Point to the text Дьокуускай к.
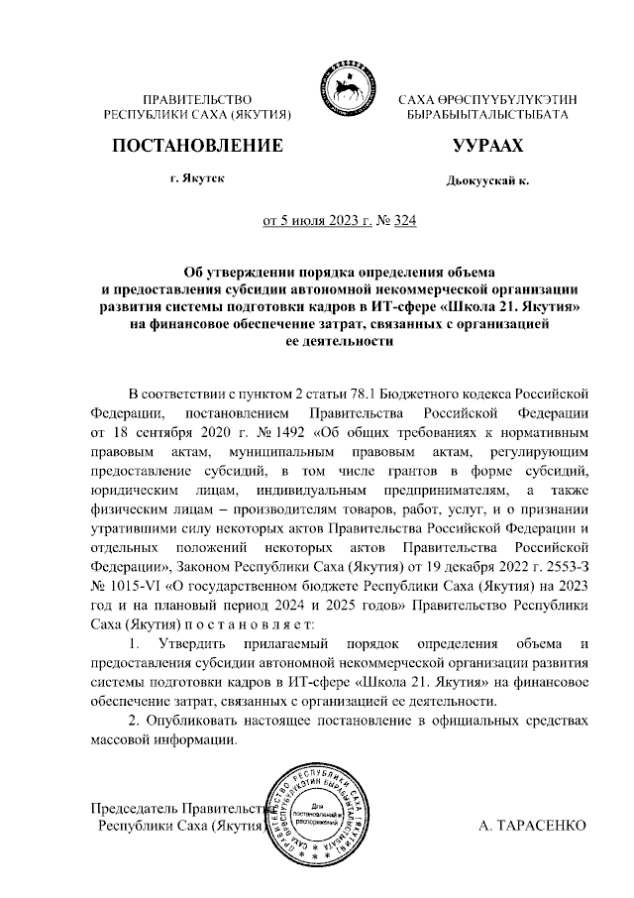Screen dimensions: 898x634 coord(488,181)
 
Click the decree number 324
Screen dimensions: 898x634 coord(404,221)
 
